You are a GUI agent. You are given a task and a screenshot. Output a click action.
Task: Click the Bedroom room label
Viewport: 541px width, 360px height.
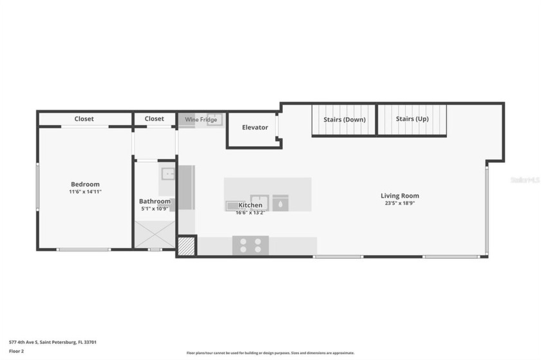(x=85, y=184)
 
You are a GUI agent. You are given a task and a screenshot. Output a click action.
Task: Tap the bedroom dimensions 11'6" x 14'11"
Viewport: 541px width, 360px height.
(x=85, y=192)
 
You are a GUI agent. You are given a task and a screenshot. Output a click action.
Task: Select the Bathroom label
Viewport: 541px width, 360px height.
(x=155, y=202)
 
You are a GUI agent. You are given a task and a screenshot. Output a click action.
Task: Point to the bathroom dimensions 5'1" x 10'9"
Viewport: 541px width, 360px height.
(x=155, y=209)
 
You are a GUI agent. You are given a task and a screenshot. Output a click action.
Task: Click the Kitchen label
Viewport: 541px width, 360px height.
(x=251, y=205)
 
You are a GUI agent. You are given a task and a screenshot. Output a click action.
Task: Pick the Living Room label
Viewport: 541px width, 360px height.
(x=400, y=196)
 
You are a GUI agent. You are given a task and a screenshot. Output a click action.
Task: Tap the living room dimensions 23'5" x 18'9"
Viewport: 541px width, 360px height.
(x=400, y=204)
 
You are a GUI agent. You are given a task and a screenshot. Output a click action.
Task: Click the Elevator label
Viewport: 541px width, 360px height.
(x=255, y=128)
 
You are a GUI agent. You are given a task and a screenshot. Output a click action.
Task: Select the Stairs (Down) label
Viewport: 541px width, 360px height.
(x=345, y=119)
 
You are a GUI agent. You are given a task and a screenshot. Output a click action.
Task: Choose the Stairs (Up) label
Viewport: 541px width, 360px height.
(x=412, y=119)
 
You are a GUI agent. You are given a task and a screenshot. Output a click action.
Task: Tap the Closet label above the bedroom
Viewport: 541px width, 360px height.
(x=84, y=118)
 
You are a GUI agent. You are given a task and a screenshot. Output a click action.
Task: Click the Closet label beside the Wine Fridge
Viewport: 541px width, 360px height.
(x=155, y=118)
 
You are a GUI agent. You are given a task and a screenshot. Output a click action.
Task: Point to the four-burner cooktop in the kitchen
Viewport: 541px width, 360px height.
(x=251, y=245)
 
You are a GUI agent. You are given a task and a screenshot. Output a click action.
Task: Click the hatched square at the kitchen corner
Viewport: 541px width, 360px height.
(x=186, y=247)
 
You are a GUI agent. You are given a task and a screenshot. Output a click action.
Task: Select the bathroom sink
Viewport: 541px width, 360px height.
(x=167, y=173)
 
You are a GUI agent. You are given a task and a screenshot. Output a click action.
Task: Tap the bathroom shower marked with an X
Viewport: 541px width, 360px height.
(x=155, y=234)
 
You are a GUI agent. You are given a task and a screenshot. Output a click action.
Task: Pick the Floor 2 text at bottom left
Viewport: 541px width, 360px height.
(x=17, y=352)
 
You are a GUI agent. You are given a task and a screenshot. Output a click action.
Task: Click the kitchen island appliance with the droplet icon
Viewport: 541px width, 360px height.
(x=280, y=204)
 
